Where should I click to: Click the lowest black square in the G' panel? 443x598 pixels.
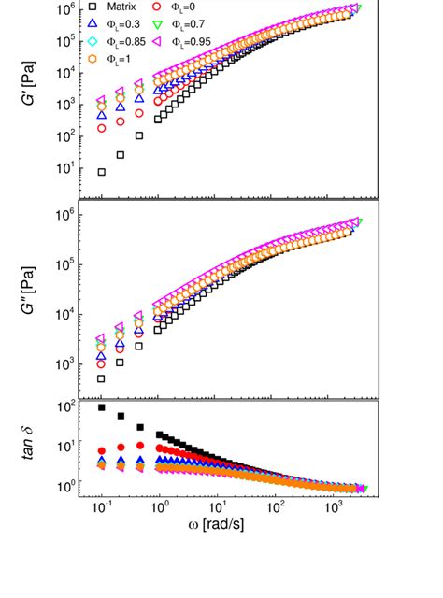click(101, 172)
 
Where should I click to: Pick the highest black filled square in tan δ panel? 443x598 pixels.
click(101, 407)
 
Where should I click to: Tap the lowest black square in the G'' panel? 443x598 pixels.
click(101, 378)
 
